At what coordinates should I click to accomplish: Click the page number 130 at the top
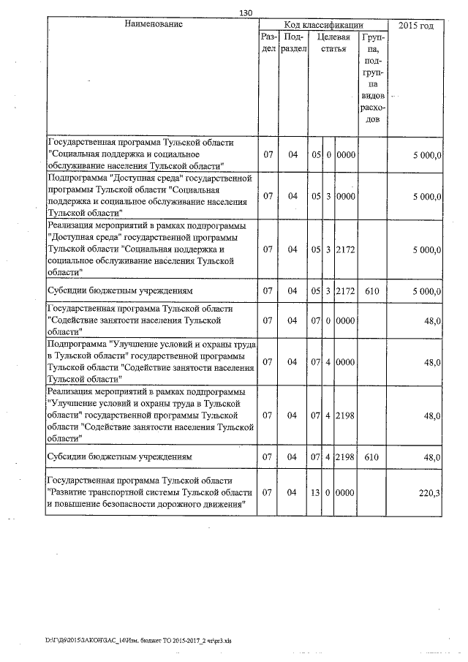click(x=245, y=12)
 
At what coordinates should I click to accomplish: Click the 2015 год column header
click(x=416, y=26)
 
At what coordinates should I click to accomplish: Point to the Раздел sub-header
click(x=268, y=42)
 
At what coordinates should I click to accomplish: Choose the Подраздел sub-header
click(x=293, y=42)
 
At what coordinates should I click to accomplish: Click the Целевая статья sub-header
click(x=333, y=42)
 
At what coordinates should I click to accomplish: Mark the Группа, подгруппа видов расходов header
click(x=373, y=78)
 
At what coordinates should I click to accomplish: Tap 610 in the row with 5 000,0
click(x=373, y=291)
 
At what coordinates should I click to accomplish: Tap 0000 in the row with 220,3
click(x=345, y=493)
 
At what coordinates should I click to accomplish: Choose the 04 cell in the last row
click(x=293, y=493)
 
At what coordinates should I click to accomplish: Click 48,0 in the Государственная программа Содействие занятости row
click(x=431, y=320)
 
